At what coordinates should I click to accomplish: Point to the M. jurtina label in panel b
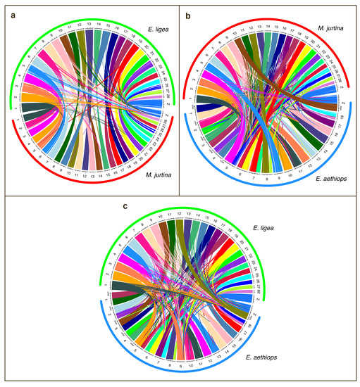[330, 29]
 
